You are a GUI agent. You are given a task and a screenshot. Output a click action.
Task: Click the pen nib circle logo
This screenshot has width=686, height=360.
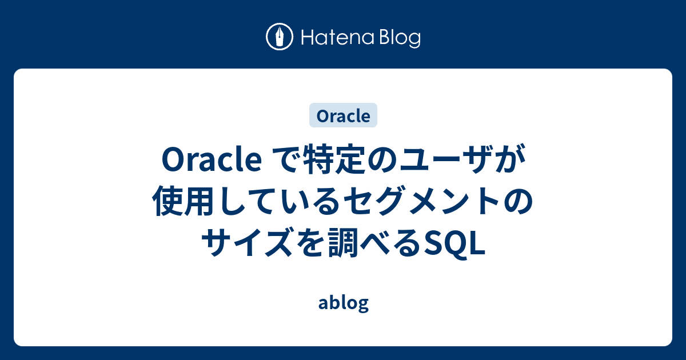[280, 37]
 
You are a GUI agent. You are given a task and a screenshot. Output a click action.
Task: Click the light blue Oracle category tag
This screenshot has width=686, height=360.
[343, 115]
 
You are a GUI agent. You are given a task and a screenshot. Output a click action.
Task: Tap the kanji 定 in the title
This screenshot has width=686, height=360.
[348, 162]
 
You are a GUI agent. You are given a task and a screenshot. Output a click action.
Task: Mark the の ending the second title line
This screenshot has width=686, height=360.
[517, 203]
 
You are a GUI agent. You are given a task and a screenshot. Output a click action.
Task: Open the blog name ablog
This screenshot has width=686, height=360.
[343, 303]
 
